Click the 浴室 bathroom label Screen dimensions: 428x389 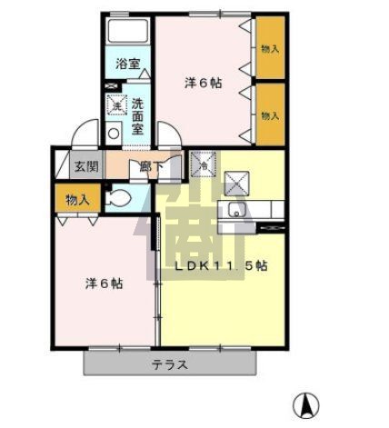[x=128, y=65]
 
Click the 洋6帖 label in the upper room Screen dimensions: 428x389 [x=204, y=83]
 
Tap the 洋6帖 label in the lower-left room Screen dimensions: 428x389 [x=104, y=283]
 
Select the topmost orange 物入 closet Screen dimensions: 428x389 [x=269, y=49]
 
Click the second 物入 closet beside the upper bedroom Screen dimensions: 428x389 [x=269, y=114]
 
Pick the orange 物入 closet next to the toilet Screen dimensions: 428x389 [x=77, y=198]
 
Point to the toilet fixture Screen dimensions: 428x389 [x=117, y=197]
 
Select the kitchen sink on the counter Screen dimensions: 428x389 [x=238, y=213]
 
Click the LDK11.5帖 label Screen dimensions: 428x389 [x=221, y=266]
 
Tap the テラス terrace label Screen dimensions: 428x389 [x=169, y=365]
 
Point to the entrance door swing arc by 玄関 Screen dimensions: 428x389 [x=85, y=134]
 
